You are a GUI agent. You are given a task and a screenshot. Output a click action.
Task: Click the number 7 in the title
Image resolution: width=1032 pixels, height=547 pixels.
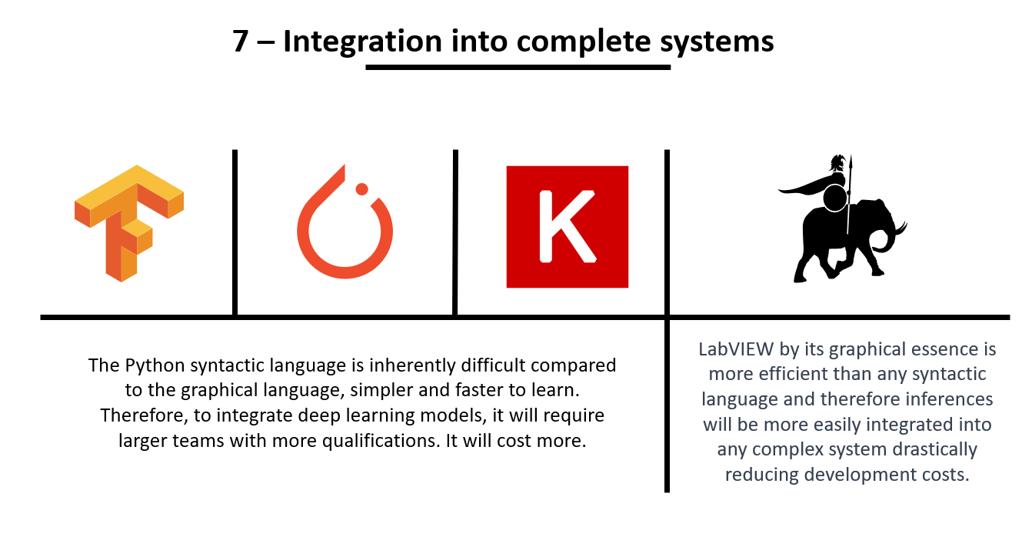click(x=241, y=41)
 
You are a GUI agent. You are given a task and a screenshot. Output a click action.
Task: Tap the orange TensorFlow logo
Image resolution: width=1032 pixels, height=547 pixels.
click(x=129, y=223)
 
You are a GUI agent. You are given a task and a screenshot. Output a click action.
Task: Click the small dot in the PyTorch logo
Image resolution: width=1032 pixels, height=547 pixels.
click(x=362, y=189)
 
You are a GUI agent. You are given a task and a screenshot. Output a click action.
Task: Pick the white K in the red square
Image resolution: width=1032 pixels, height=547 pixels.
click(x=568, y=226)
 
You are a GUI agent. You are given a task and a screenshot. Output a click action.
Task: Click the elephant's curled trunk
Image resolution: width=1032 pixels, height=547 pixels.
click(x=889, y=237)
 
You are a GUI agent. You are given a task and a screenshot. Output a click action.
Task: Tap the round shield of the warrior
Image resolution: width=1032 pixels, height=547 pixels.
click(x=834, y=198)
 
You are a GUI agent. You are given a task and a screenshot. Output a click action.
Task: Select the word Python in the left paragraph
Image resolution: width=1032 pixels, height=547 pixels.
click(x=155, y=366)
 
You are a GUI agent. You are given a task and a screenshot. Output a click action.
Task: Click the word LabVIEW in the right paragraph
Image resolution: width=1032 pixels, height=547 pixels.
click(x=736, y=349)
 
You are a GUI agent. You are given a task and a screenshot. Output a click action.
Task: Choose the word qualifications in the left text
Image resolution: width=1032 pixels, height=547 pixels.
click(x=379, y=441)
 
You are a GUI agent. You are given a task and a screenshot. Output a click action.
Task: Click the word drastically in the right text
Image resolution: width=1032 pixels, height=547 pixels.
click(x=934, y=450)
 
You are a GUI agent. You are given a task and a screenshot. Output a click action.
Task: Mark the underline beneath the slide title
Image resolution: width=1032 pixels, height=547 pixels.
click(x=518, y=67)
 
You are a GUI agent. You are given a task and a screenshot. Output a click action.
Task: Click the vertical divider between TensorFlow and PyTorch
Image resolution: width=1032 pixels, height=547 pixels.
click(x=235, y=232)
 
